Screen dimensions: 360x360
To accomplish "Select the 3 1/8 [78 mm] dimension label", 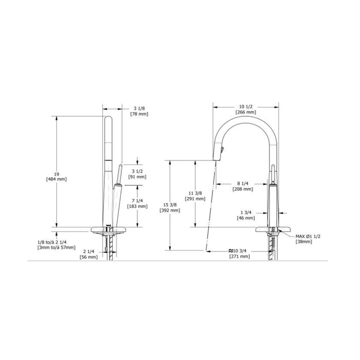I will (x=138, y=111).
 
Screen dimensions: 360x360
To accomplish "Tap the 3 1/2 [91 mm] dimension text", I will (x=138, y=173).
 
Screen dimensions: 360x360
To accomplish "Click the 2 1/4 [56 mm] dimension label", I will (x=88, y=254).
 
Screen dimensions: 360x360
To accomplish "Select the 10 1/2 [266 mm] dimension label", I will (x=246, y=109).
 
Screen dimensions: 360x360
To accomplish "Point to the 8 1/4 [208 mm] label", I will (x=245, y=186).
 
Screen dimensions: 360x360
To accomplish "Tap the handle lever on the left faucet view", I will (x=117, y=175).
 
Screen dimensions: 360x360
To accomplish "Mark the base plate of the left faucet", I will (x=109, y=229).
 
